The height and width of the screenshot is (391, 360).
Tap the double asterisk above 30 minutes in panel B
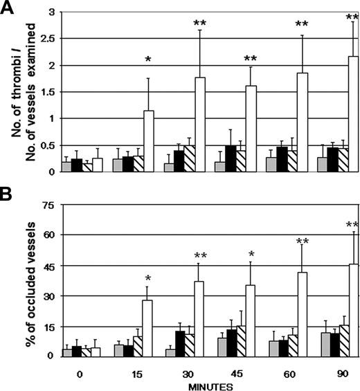click(199, 255)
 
